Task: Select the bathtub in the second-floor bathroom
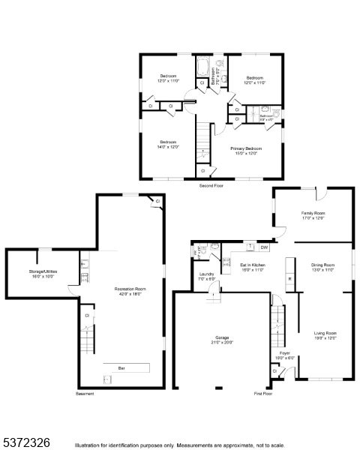tap(202, 70)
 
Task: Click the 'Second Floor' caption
tap(211, 184)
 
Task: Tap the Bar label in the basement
tap(121, 367)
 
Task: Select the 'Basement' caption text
tap(85, 393)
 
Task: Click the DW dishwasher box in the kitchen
tap(264, 247)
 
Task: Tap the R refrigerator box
tap(289, 280)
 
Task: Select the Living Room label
tap(325, 334)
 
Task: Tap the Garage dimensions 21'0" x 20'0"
tap(222, 343)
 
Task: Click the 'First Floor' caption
tap(262, 393)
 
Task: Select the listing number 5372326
tap(25, 442)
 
